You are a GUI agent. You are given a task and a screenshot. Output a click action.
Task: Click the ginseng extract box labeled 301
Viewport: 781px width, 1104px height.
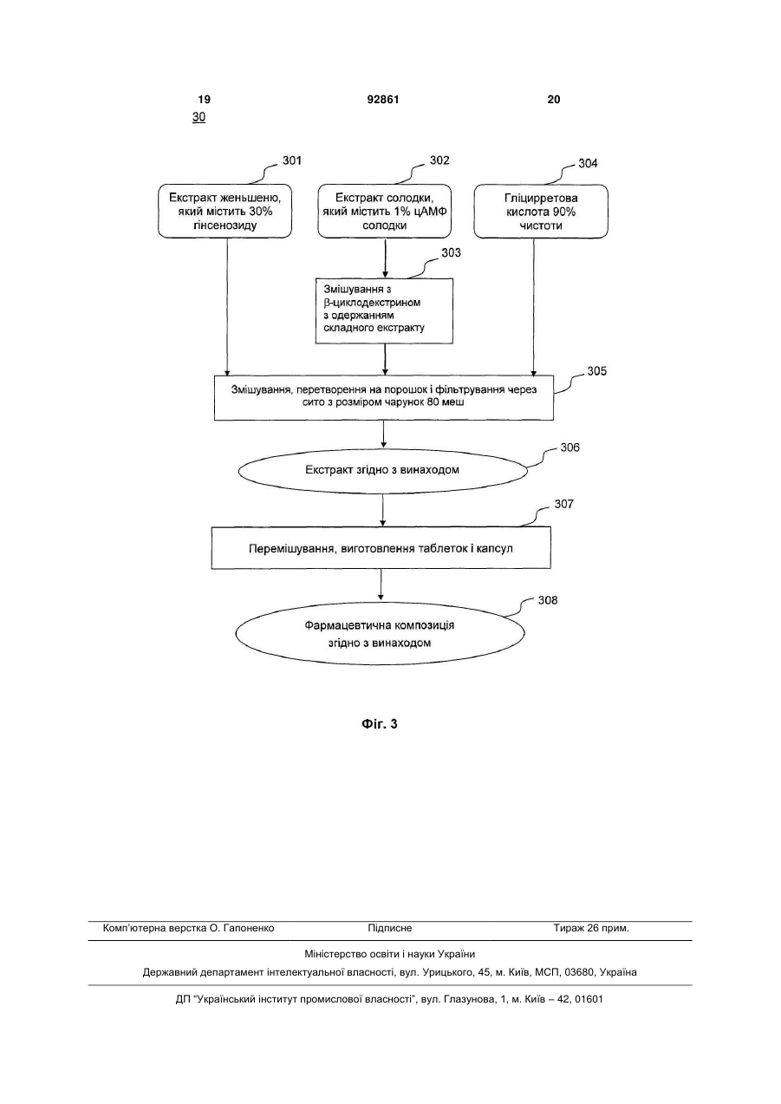225,212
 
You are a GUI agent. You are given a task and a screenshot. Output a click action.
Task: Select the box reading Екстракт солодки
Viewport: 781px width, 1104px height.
384,212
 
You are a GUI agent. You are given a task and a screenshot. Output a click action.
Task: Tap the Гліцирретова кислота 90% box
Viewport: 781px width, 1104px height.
541,212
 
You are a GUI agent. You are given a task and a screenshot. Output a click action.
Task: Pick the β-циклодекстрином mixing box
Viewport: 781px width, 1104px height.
384,311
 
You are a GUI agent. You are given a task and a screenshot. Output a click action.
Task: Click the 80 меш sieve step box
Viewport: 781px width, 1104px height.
384,398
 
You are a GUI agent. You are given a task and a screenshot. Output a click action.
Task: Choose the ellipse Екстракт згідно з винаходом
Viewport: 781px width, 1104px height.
383,471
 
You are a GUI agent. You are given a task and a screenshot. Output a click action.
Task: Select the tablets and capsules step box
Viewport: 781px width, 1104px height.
381,548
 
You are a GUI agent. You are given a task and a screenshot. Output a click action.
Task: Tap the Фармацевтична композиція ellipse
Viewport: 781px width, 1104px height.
380,634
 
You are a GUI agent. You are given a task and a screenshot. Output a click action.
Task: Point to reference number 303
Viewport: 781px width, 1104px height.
451,253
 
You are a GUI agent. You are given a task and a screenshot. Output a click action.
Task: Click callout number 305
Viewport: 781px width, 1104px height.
596,371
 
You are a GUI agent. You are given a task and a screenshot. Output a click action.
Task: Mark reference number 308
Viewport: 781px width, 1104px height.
548,600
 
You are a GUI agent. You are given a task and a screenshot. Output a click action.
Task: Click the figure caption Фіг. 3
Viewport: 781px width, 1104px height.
380,724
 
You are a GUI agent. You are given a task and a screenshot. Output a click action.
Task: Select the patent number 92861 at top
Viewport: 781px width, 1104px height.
383,100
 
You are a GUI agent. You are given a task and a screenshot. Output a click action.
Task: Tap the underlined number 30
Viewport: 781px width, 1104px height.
199,117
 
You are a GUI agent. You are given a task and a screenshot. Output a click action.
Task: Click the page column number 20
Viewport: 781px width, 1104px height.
554,100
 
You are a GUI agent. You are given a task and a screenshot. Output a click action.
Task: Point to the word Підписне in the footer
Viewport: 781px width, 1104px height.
390,928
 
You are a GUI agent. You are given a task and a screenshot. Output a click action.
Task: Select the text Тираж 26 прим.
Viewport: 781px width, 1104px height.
591,928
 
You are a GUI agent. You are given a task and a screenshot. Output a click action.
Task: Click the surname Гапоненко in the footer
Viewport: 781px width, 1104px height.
249,928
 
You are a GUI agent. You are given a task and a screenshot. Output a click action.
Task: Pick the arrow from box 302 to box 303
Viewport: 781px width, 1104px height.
386,258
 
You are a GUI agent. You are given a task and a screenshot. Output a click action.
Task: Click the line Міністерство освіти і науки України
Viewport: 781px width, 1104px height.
390,954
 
